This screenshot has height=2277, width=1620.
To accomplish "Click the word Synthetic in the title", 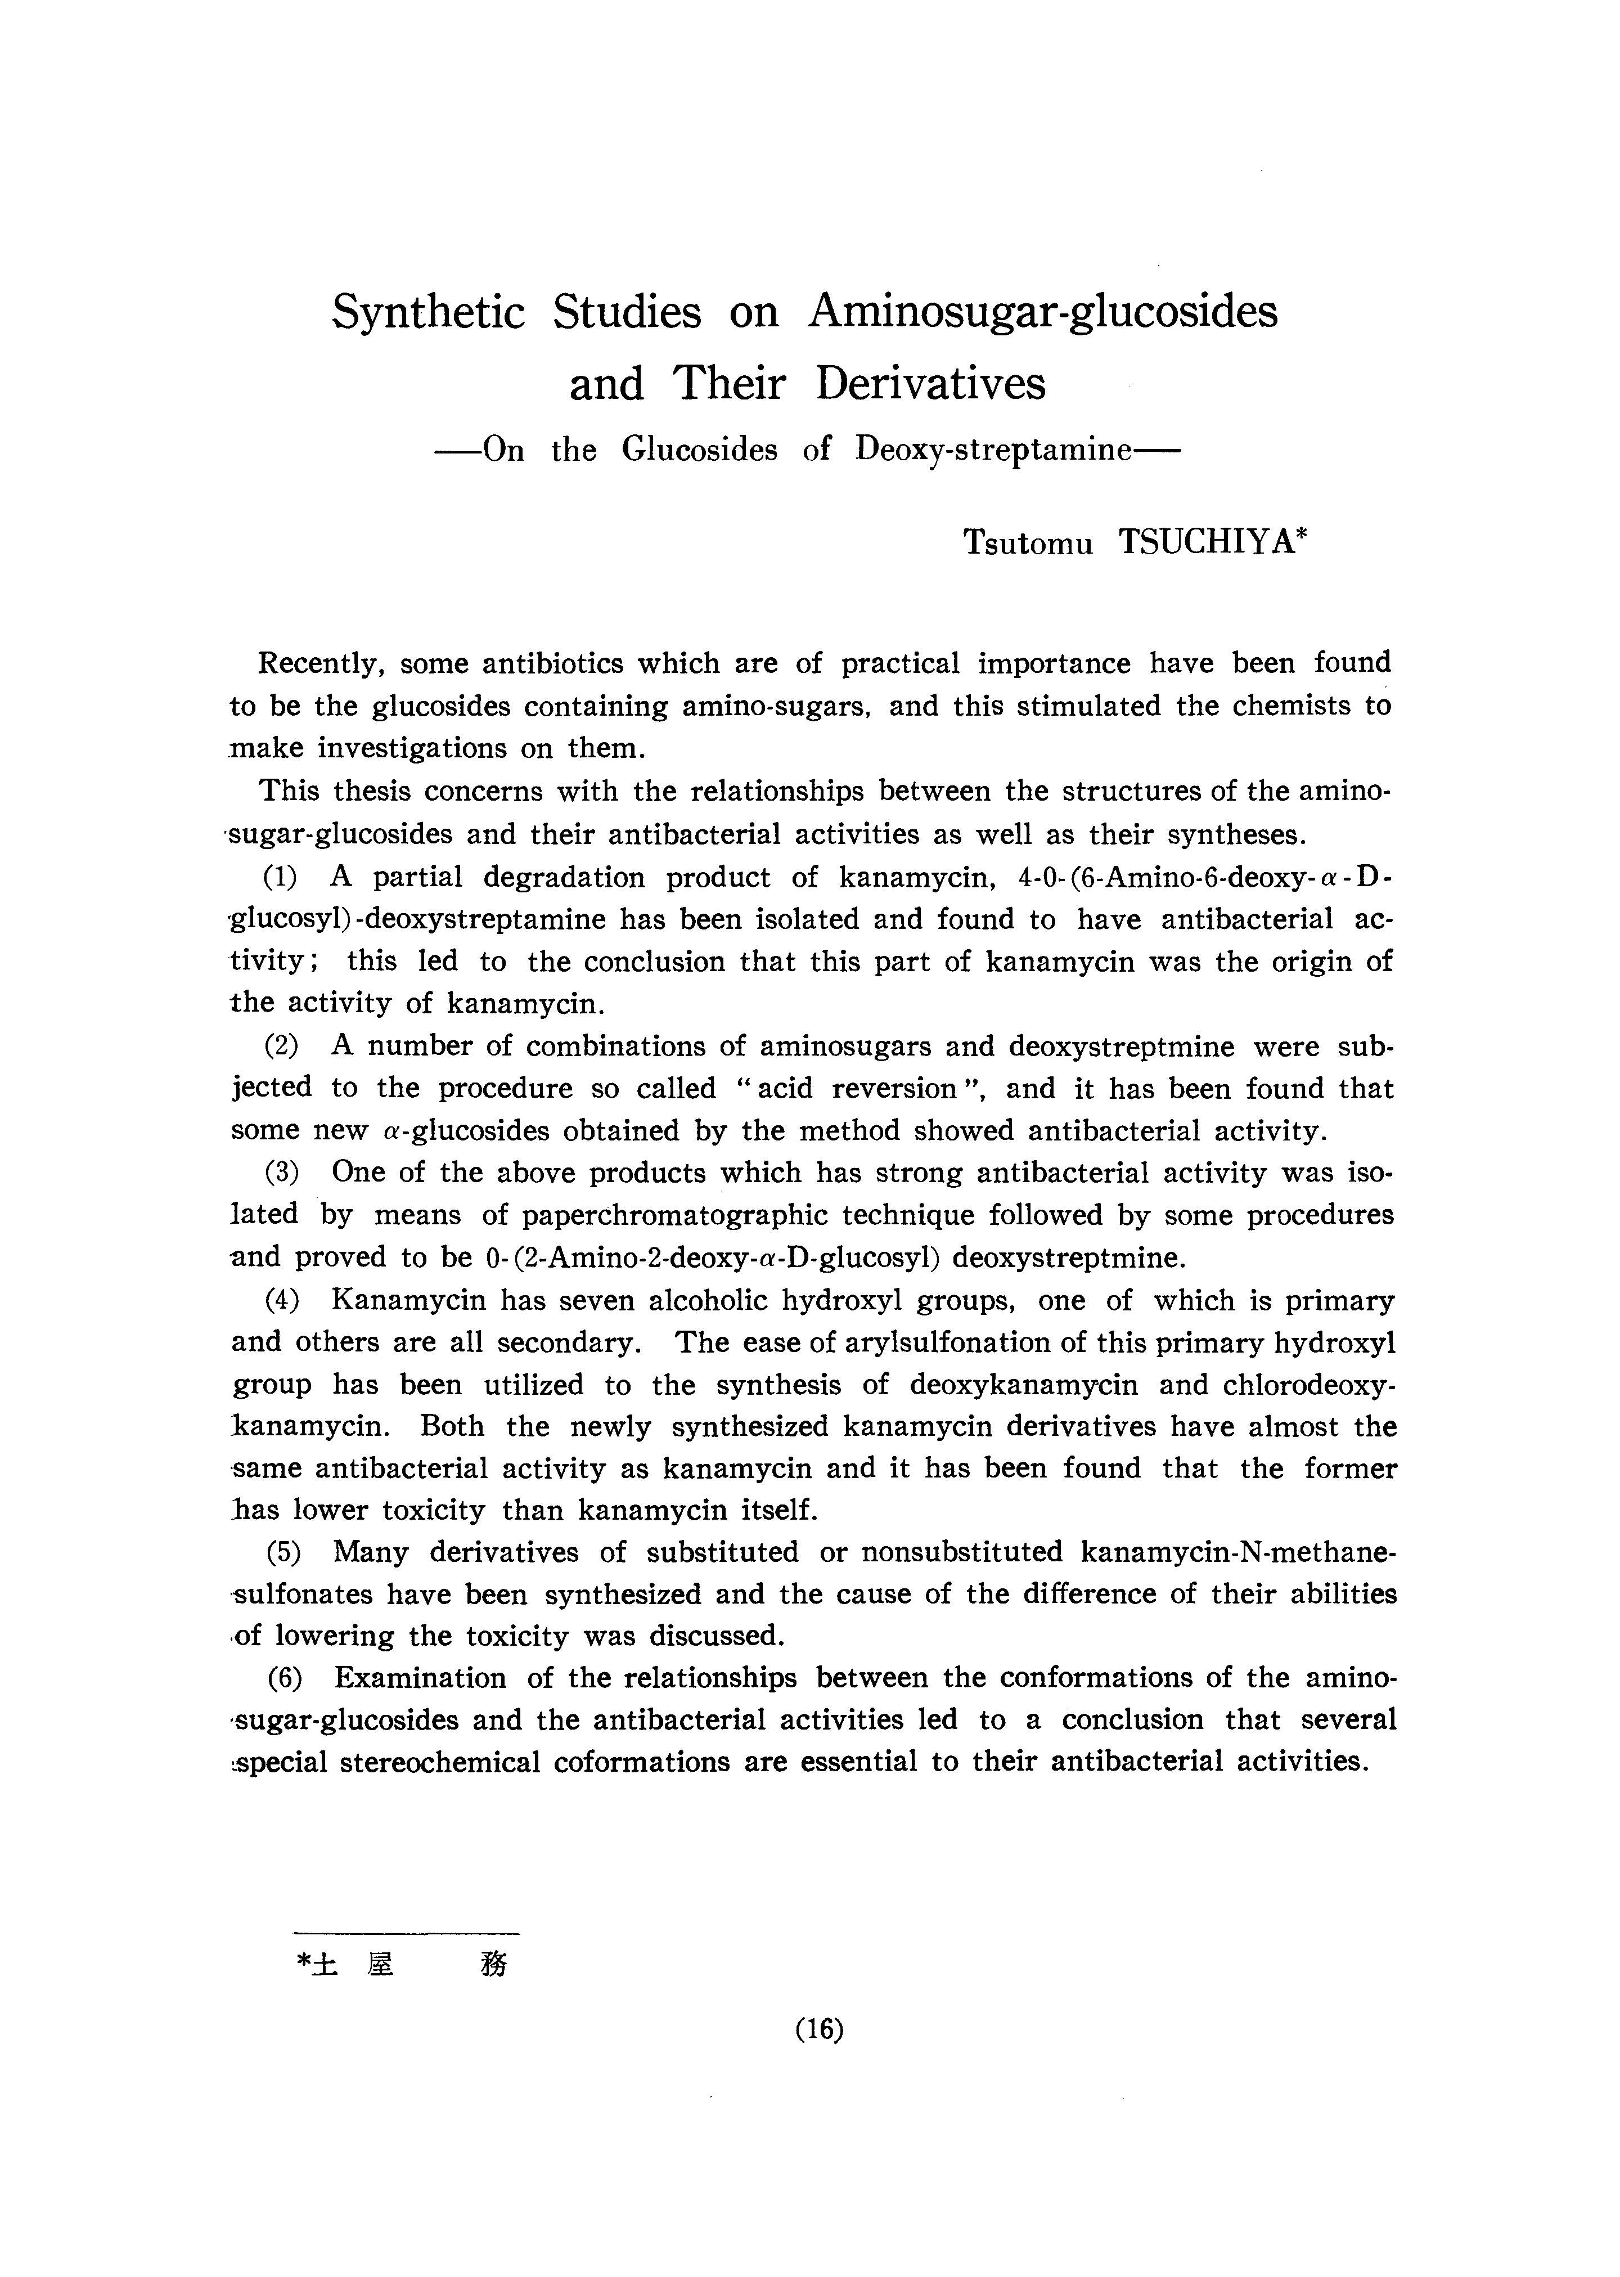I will click(x=429, y=312).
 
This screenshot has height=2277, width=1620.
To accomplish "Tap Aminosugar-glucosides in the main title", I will click(x=1042, y=312).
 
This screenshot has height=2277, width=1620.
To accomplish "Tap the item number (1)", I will click(x=282, y=877).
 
